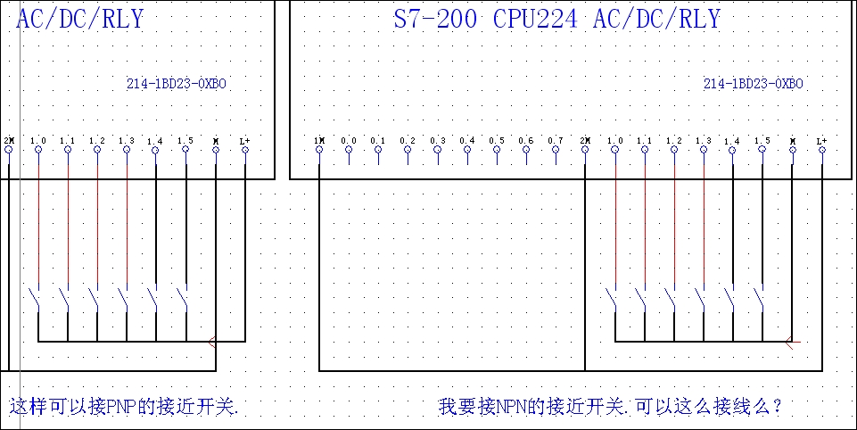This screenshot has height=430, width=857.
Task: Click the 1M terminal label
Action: pyautogui.click(x=318, y=141)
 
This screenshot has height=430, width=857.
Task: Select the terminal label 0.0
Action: pyautogui.click(x=349, y=141)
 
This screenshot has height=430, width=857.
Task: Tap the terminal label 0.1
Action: pyautogui.click(x=378, y=141)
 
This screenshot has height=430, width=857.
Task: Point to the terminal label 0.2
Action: pyautogui.click(x=408, y=141)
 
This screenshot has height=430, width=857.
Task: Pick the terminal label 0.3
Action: pyautogui.click(x=438, y=141)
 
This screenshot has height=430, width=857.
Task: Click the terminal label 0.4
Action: pyautogui.click(x=467, y=141)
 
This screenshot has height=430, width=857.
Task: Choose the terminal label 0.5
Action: pyautogui.click(x=497, y=141)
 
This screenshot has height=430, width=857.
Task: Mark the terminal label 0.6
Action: pyautogui.click(x=526, y=141)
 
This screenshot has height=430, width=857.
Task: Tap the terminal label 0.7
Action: pyautogui.click(x=556, y=141)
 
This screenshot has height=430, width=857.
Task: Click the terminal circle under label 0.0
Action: pyautogui.click(x=349, y=150)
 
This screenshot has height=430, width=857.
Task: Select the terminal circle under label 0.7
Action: pyautogui.click(x=556, y=150)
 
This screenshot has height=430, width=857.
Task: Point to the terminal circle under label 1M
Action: pyautogui.click(x=319, y=150)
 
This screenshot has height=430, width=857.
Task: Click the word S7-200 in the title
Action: pyautogui.click(x=436, y=20)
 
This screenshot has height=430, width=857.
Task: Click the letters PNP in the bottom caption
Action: pyautogui.click(x=121, y=407)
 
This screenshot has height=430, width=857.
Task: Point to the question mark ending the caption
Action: pyautogui.click(x=778, y=407)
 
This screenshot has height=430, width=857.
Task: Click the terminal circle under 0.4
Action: pyautogui.click(x=467, y=150)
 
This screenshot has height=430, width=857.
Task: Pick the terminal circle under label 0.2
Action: pyautogui.click(x=408, y=150)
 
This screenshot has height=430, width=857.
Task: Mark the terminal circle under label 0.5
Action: pyautogui.click(x=497, y=150)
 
